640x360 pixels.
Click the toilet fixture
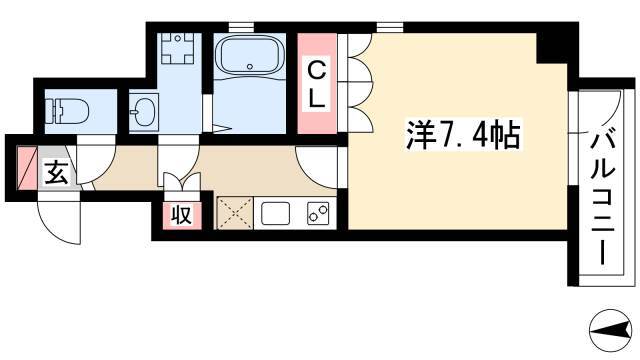click(68, 111)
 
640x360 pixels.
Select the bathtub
click(250, 56)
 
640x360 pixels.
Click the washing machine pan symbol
click(177, 49)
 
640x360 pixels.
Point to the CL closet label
click(317, 85)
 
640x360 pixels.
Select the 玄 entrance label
click(56, 173)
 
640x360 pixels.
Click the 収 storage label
click(182, 214)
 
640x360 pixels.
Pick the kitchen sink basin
click(276, 213)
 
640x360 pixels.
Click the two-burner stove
click(318, 213)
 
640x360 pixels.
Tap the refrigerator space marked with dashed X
click(235, 213)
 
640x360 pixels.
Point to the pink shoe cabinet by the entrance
click(27, 168)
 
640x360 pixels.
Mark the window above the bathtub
click(241, 27)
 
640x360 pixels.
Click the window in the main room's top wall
click(390, 27)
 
